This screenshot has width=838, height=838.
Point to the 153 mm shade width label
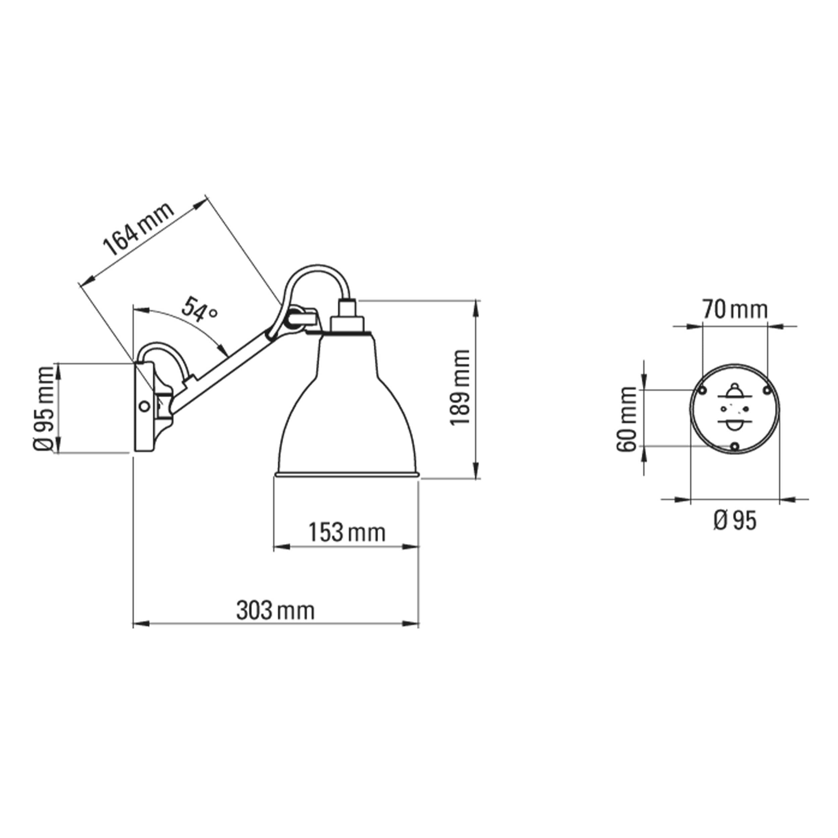point(347,532)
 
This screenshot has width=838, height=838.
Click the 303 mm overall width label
point(275,611)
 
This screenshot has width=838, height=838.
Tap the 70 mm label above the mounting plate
point(735,310)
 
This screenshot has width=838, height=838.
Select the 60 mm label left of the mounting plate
point(627,419)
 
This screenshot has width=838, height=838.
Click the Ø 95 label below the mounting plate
point(734,521)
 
